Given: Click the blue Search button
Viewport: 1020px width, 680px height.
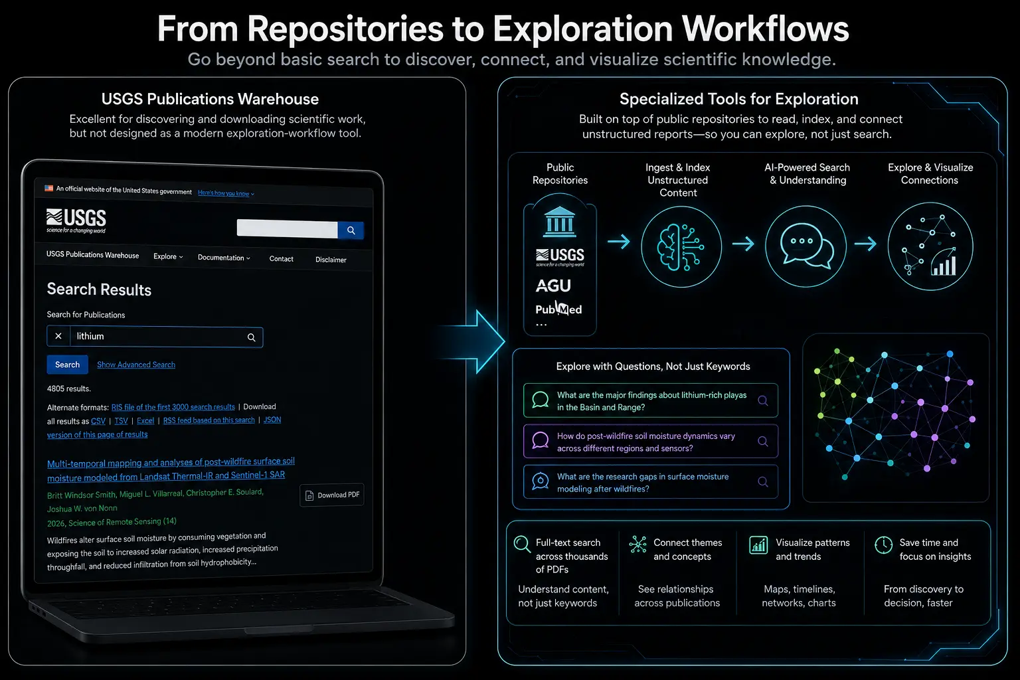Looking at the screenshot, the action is tap(67, 365).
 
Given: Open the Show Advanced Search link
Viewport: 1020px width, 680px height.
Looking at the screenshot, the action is tap(136, 365).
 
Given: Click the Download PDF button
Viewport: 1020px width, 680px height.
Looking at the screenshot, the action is tap(332, 495).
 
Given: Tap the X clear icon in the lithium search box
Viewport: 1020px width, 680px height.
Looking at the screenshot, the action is tap(58, 336).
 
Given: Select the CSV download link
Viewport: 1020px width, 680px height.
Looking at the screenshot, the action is tap(98, 421).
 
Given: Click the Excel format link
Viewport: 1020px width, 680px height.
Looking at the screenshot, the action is tap(145, 420).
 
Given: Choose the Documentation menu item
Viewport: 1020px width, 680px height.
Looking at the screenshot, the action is tap(224, 258).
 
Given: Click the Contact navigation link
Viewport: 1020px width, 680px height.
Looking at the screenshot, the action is tap(282, 259).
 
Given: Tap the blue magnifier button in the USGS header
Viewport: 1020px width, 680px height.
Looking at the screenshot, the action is tap(351, 230).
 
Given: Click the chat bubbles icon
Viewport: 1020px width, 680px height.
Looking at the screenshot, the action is tap(806, 246).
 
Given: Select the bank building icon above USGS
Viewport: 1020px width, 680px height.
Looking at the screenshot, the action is tap(560, 222).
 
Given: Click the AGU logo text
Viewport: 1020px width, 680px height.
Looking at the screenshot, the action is tap(553, 286).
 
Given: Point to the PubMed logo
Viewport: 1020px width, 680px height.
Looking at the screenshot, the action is tap(558, 309).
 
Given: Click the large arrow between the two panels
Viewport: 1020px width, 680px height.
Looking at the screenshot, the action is tap(471, 341).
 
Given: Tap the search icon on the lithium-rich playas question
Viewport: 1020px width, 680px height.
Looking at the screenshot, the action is tap(763, 400).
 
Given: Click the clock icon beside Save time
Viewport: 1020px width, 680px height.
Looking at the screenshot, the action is tap(883, 545).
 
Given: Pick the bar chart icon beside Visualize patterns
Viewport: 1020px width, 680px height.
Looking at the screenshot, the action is tap(758, 545).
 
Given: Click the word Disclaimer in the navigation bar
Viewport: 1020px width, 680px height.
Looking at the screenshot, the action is tap(331, 260).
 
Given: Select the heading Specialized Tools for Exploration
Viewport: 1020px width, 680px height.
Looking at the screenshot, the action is tap(738, 99).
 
